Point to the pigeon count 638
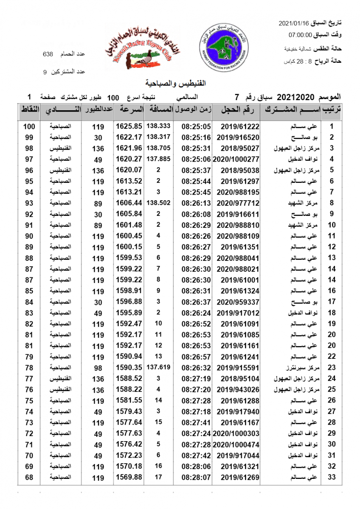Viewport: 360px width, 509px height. (48, 54)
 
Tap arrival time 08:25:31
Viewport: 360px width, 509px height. (196, 148)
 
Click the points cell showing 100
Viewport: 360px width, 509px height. (29, 126)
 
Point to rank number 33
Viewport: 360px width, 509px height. (332, 477)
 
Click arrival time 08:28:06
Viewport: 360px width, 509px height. (196, 466)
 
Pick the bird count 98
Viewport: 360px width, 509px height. (98, 367)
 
